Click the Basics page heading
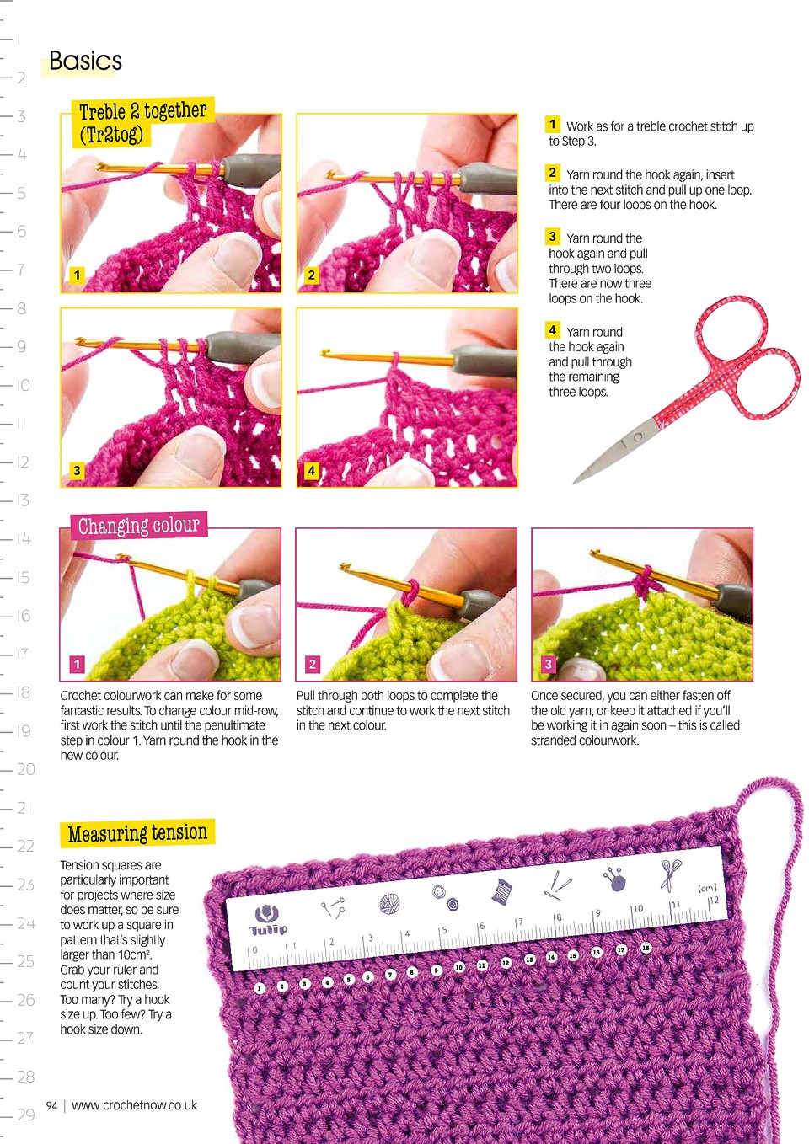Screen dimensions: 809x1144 [x=85, y=61]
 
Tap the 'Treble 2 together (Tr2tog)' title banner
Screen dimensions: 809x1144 [x=142, y=123]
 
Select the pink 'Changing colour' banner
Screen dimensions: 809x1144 [x=138, y=525]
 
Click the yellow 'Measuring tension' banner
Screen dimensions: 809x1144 [x=137, y=833]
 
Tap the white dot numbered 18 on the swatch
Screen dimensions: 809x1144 [x=646, y=948]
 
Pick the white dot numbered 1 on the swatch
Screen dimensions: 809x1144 [x=259, y=988]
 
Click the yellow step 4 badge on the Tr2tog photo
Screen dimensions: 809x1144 [x=311, y=470]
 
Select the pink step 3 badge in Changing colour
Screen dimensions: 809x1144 [x=548, y=664]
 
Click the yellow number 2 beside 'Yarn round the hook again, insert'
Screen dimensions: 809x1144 [x=552, y=173]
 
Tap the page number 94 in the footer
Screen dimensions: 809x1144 [x=51, y=1106]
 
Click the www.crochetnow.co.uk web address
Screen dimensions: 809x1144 [x=134, y=1105]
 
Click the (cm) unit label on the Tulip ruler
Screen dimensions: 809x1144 [x=707, y=888]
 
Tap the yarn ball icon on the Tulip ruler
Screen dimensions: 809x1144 [x=389, y=904]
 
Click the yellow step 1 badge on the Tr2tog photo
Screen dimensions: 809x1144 [x=77, y=275]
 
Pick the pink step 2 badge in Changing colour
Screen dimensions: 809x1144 [x=312, y=664]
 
